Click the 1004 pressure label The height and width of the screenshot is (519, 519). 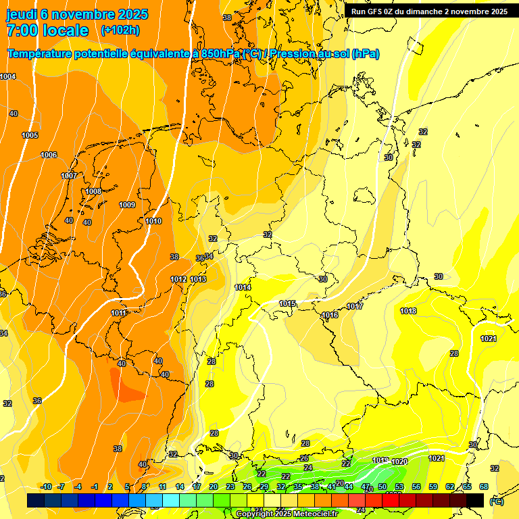tap(8, 77)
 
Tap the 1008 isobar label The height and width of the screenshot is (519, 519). tap(93, 191)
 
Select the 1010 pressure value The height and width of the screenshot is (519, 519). tap(153, 221)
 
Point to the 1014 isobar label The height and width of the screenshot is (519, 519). tap(243, 287)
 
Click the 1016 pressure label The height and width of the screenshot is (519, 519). tap(330, 315)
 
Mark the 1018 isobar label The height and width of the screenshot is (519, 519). tap(407, 311)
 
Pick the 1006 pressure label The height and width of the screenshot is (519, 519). tap(49, 155)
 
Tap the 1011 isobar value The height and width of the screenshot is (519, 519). tap(119, 313)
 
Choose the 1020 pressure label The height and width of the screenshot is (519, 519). tap(399, 462)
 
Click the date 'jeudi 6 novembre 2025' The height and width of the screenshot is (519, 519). tap(77, 14)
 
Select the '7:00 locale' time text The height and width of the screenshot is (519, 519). tap(47, 30)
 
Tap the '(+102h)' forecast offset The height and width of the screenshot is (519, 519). tap(120, 30)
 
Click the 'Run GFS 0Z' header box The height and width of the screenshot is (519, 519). tap(429, 11)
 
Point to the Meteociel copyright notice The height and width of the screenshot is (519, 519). tap(287, 514)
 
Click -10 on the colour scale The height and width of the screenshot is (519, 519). tap(47, 487)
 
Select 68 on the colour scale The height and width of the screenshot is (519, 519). tap(484, 487)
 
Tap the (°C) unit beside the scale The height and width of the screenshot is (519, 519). tap(497, 501)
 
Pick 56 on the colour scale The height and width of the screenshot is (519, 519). tap(416, 487)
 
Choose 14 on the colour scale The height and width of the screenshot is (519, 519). tap(180, 487)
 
